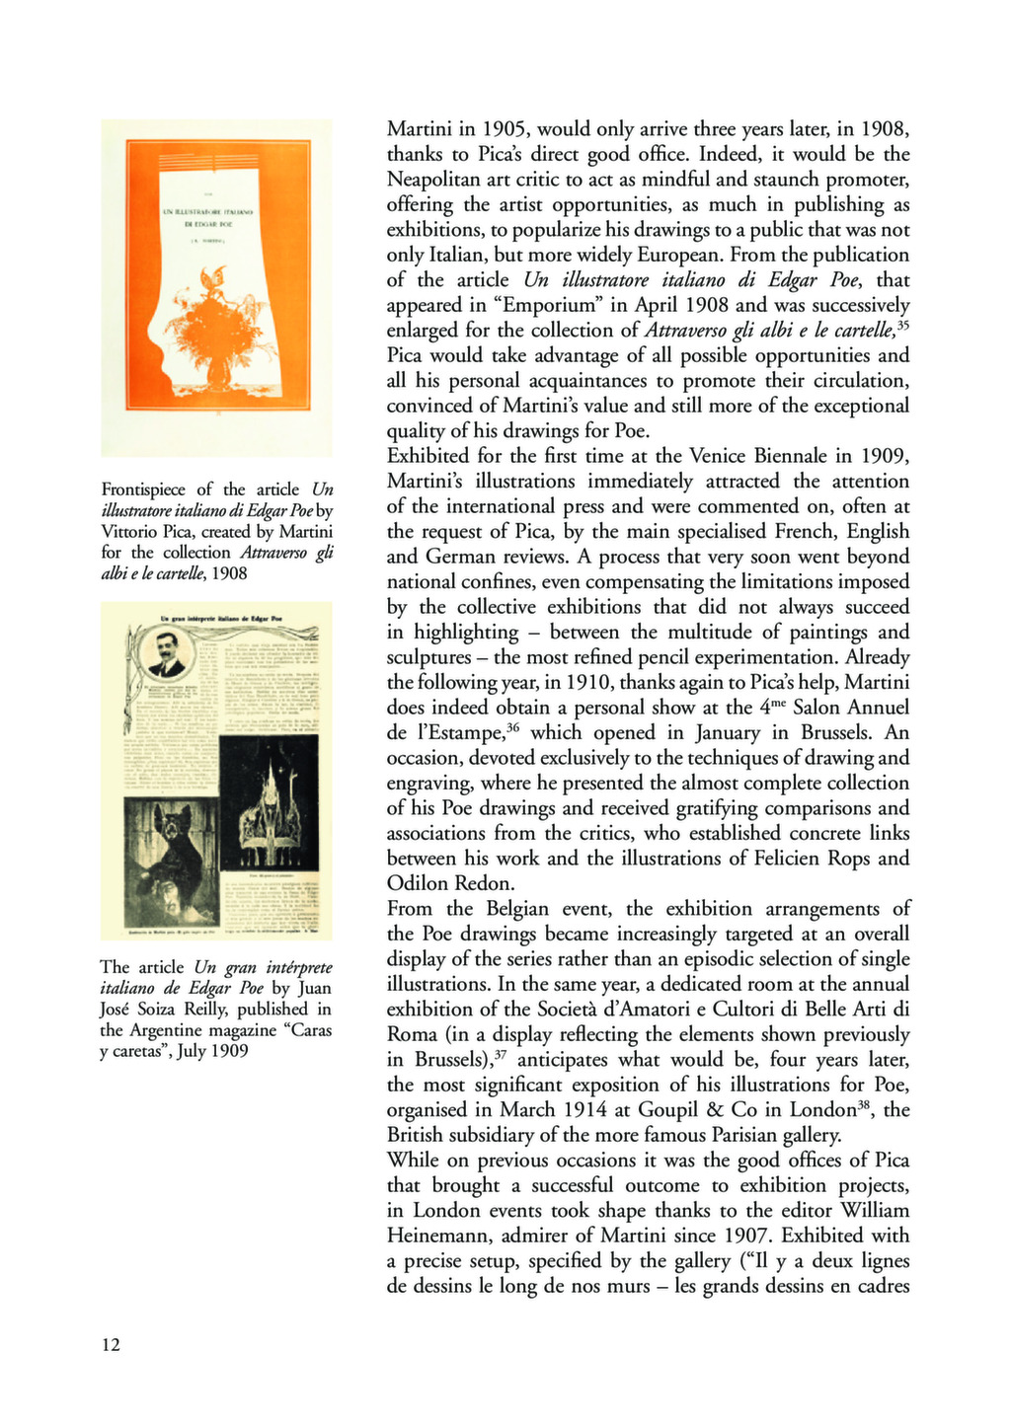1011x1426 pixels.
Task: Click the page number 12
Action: [111, 1344]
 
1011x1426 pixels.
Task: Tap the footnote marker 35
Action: [902, 324]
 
